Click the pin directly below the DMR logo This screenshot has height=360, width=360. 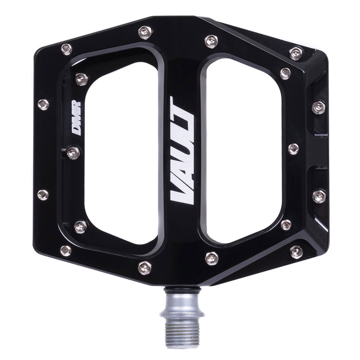(73, 152)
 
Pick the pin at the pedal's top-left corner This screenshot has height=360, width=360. (66, 49)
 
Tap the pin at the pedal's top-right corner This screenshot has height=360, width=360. (296, 52)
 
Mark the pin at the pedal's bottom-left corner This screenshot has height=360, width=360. (66, 250)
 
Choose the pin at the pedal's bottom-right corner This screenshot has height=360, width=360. (296, 251)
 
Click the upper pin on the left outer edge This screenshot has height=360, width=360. (43, 104)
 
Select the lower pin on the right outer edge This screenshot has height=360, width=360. (319, 196)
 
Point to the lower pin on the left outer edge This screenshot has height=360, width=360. (43, 195)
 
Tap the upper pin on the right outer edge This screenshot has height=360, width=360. (319, 107)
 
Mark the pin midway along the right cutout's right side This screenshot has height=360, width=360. (293, 149)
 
